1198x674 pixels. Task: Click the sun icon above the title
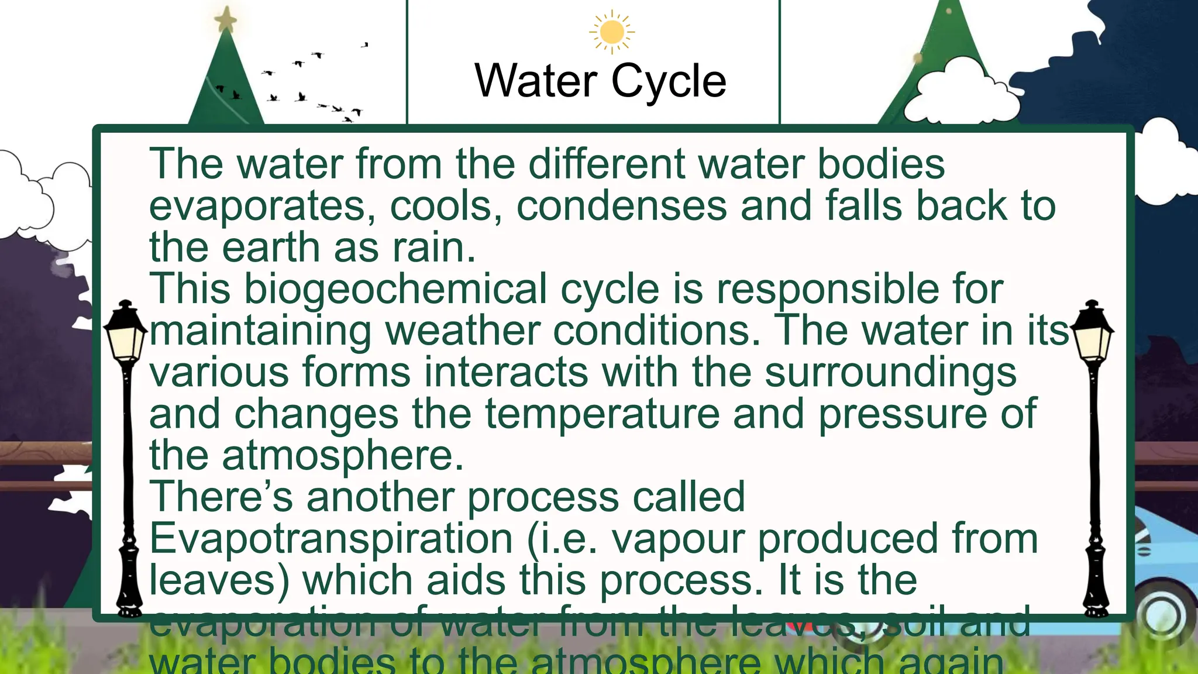tap(612, 32)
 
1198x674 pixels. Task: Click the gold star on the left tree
tap(226, 20)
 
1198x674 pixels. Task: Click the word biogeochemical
tap(395, 290)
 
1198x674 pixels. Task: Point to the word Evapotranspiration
tap(331, 539)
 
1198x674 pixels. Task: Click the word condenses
tap(621, 207)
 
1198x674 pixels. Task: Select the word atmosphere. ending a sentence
tap(343, 456)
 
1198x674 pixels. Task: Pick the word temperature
tap(602, 414)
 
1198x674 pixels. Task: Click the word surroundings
tap(890, 373)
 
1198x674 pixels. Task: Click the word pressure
tap(901, 414)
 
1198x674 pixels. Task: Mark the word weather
tap(462, 331)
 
